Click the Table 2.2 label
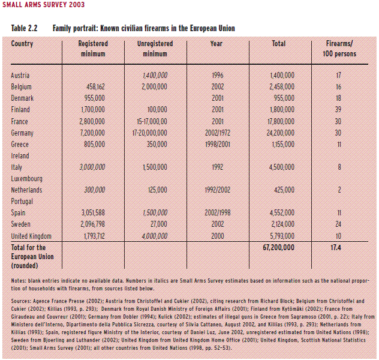click(x=25, y=28)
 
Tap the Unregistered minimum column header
click(x=155, y=49)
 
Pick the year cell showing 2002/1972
click(x=217, y=133)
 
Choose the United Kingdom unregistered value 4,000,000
click(x=155, y=236)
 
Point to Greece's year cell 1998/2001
click(x=217, y=144)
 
